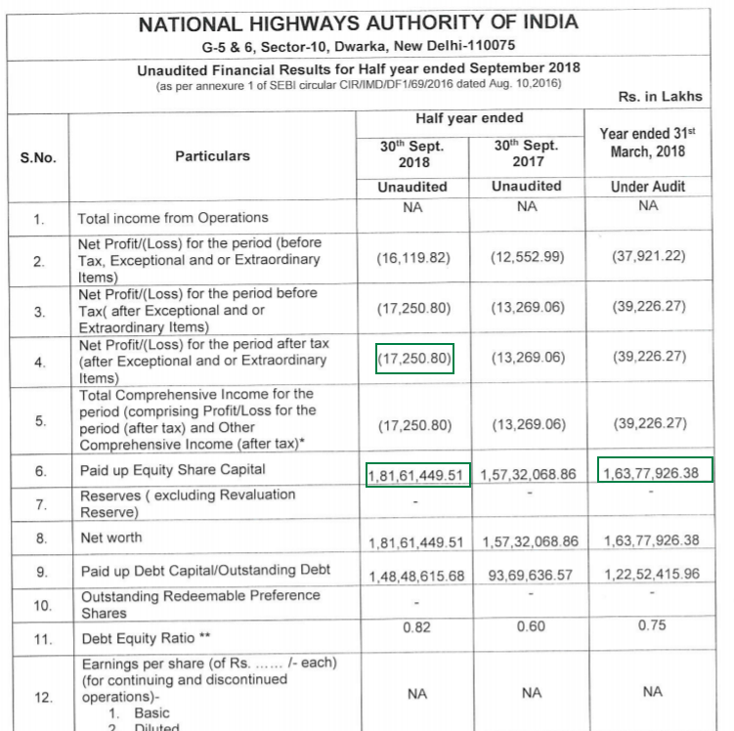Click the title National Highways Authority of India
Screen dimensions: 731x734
point(358,22)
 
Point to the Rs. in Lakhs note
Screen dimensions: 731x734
point(660,97)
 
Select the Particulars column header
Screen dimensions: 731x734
point(212,155)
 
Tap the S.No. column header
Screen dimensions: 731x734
point(37,156)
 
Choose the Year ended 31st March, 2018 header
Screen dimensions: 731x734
point(648,143)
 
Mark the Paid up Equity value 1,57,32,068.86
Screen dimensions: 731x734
point(529,474)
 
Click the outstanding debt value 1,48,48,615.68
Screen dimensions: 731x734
point(417,576)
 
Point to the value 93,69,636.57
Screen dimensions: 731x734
point(529,576)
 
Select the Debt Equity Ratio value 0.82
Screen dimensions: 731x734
point(417,626)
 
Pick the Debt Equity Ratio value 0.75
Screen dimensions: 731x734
point(648,626)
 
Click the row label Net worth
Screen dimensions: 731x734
point(111,537)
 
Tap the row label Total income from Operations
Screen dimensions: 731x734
point(173,218)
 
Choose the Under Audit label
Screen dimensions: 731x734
point(648,186)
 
